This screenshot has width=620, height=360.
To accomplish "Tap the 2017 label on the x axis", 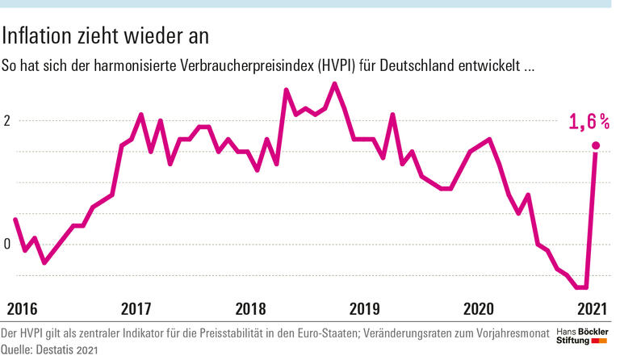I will [x=136, y=308].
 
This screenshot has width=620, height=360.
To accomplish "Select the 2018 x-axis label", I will [x=251, y=308].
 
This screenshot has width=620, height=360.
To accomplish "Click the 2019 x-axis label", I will [x=365, y=308].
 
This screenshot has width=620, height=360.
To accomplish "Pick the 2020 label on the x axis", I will [x=480, y=308].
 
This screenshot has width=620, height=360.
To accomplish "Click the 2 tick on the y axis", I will [x=6, y=121].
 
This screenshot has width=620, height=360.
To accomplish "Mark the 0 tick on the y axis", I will [x=6, y=245].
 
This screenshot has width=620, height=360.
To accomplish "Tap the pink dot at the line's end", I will [x=596, y=146].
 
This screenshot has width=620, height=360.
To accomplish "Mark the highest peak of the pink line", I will [x=335, y=83].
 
